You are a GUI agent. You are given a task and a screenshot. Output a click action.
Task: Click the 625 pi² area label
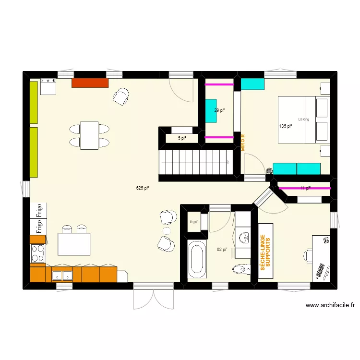point(143,188)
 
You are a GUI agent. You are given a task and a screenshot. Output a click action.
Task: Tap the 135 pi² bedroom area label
point(286,126)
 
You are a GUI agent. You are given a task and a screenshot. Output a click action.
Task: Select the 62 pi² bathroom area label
point(222,249)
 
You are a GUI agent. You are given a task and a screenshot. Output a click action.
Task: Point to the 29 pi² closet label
point(219,110)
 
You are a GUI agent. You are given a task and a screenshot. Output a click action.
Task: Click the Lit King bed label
point(303,119)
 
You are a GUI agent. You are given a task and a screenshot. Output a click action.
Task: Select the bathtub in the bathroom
point(197,260)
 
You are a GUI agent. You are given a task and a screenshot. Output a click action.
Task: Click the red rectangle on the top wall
point(90,83)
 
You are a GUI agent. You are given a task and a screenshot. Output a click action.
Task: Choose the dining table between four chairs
point(89,135)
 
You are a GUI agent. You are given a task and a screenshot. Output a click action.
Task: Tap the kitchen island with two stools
point(74,243)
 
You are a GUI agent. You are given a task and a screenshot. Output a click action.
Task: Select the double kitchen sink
point(62,275)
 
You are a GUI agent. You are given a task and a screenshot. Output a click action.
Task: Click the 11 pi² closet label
point(305,188)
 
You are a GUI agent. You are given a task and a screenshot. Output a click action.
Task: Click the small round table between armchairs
point(167,231)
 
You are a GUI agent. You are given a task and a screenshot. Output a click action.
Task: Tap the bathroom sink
point(244,237)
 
